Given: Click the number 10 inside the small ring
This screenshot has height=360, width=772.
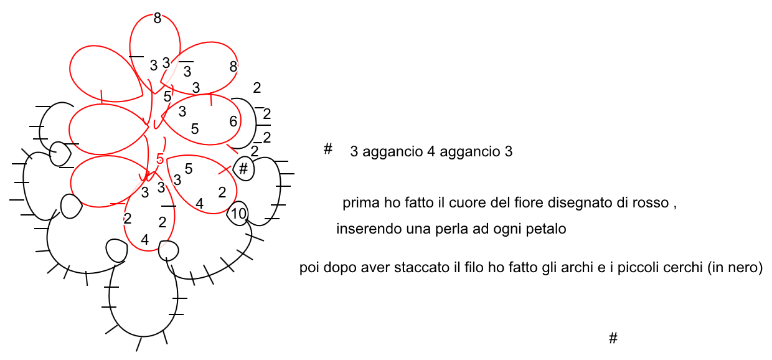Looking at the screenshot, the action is (x=238, y=214).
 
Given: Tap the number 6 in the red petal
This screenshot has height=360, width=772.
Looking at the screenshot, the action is (x=233, y=121).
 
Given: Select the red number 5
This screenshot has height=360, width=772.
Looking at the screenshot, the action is (x=160, y=159).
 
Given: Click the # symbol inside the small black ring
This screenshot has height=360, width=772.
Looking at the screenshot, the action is (x=243, y=168).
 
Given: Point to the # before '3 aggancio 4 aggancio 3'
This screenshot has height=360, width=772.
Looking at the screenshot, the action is (x=327, y=149).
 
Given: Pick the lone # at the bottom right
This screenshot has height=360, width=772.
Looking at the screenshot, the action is (x=613, y=338).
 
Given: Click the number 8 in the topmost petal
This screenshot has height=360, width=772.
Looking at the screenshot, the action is (x=157, y=19).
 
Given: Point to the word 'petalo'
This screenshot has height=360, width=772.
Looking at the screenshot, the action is (x=548, y=229).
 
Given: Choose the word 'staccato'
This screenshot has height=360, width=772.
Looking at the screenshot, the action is (x=420, y=268).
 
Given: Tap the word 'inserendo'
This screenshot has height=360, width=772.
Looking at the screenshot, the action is (x=364, y=229).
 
